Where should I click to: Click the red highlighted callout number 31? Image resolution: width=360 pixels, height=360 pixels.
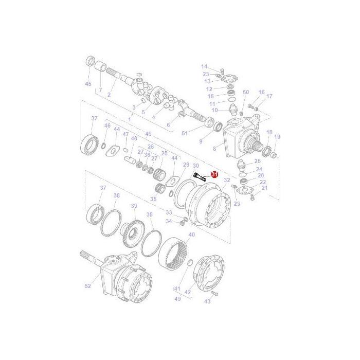tap(214, 175)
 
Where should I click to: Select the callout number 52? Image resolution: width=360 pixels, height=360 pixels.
tap(87, 286)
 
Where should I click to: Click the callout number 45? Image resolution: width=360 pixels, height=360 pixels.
tap(88, 84)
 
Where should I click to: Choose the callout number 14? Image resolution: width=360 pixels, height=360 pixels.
tap(204, 67)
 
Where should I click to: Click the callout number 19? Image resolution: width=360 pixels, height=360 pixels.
tap(277, 137)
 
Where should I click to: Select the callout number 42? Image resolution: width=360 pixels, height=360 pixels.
tap(188, 292)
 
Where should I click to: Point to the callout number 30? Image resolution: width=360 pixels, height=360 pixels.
tap(195, 166)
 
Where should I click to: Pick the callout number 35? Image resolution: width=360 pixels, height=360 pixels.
tap(153, 199)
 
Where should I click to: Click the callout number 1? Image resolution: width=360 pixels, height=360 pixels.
tap(130, 119)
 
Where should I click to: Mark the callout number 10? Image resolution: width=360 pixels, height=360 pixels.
tap(215, 110)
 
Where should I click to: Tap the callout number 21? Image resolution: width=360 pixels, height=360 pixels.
tap(265, 188)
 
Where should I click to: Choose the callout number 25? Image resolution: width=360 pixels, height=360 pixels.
tap(258, 161)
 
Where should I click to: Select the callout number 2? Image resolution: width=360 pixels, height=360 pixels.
tap(109, 95)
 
